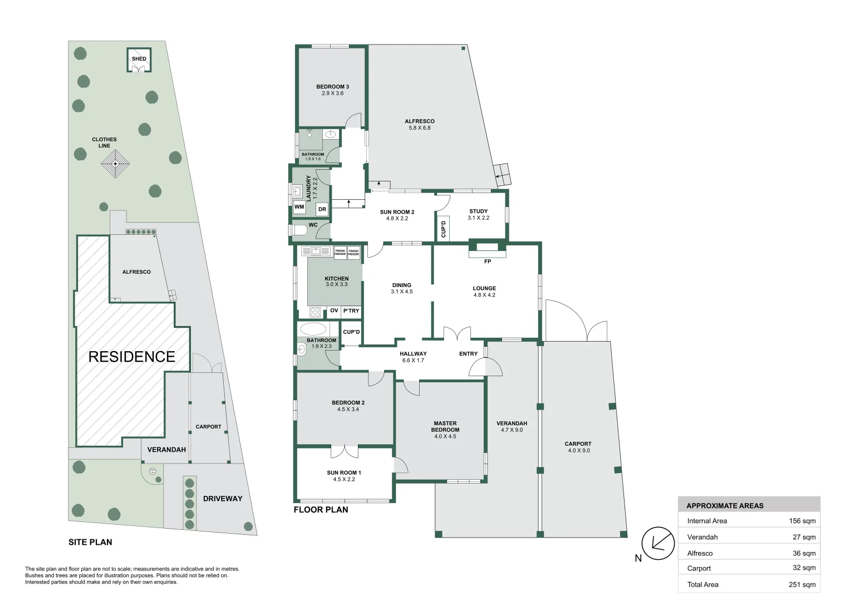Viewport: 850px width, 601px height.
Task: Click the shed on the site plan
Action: point(139,60)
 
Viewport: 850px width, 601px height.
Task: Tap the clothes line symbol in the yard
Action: point(115,164)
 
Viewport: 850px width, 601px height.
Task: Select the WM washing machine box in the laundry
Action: point(299,207)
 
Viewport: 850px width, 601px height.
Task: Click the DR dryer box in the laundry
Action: point(322,209)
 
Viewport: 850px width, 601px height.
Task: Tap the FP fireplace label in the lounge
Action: point(488,262)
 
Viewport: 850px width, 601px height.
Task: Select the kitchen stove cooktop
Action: point(316,312)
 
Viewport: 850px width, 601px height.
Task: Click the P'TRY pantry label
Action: point(351,311)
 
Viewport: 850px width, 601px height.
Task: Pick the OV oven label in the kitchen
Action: point(334,311)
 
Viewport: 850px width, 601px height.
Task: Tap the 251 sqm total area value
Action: point(802,584)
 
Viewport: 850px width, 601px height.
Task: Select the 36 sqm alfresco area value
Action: point(804,553)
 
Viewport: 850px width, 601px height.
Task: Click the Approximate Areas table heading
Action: point(725,505)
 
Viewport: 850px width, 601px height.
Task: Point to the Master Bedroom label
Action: point(445,426)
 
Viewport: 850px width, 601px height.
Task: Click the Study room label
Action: point(478,211)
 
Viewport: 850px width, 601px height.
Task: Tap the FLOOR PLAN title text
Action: point(321,509)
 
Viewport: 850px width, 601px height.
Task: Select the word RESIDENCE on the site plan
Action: point(132,357)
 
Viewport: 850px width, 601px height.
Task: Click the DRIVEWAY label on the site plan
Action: point(223,499)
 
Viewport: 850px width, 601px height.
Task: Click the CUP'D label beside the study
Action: point(444,229)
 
